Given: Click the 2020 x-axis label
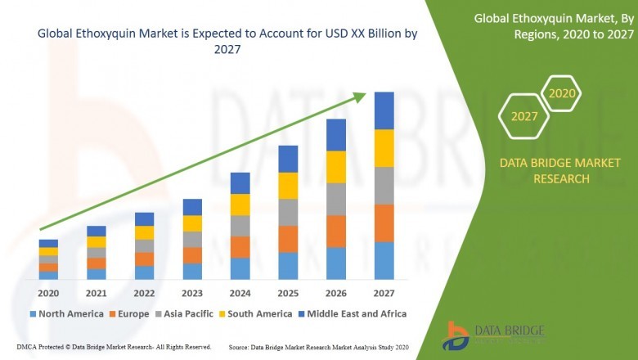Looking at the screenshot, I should coord(48,293).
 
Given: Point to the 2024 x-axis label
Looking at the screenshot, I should coord(240,293).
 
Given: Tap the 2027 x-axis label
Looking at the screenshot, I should coord(384,293).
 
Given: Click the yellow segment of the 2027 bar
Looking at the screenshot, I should coord(384,148).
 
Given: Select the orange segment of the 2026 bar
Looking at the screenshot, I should coord(336,232).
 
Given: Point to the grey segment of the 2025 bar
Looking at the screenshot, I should coord(288,212).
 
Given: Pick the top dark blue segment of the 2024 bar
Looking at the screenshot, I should coord(240,182).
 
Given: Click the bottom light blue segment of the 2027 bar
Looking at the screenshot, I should coord(384,260).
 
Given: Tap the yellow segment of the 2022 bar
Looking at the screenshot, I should coord(144,232).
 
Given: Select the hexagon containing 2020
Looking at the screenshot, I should coord(561,94).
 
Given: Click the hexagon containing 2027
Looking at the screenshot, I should coord(524,116).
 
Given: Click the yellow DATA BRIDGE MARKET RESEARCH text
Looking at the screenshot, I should coord(550,171).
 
